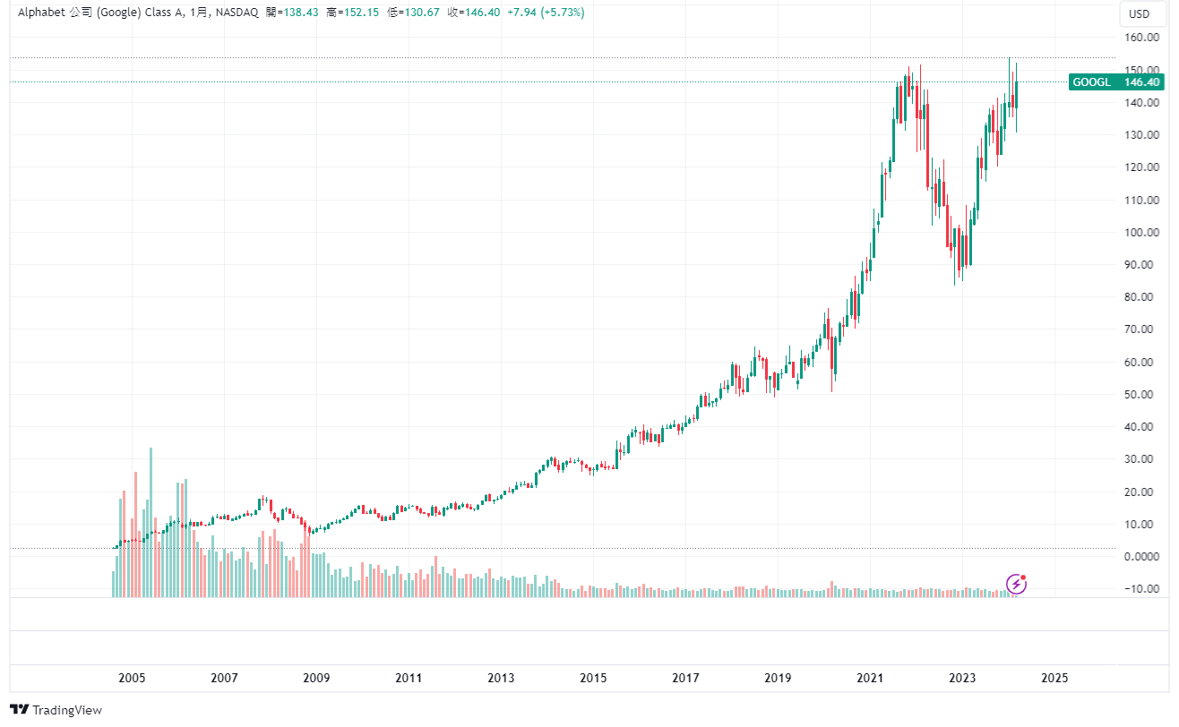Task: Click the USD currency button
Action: (x=1139, y=13)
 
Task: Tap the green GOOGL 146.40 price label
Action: (x=1116, y=82)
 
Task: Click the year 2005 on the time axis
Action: (x=132, y=679)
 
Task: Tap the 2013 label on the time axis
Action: (x=501, y=679)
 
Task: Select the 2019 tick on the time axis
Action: (x=778, y=679)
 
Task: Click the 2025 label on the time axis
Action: (x=1054, y=679)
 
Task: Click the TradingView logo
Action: (x=56, y=710)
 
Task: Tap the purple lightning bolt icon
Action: (x=1016, y=585)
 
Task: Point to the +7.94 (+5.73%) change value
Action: (x=546, y=13)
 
